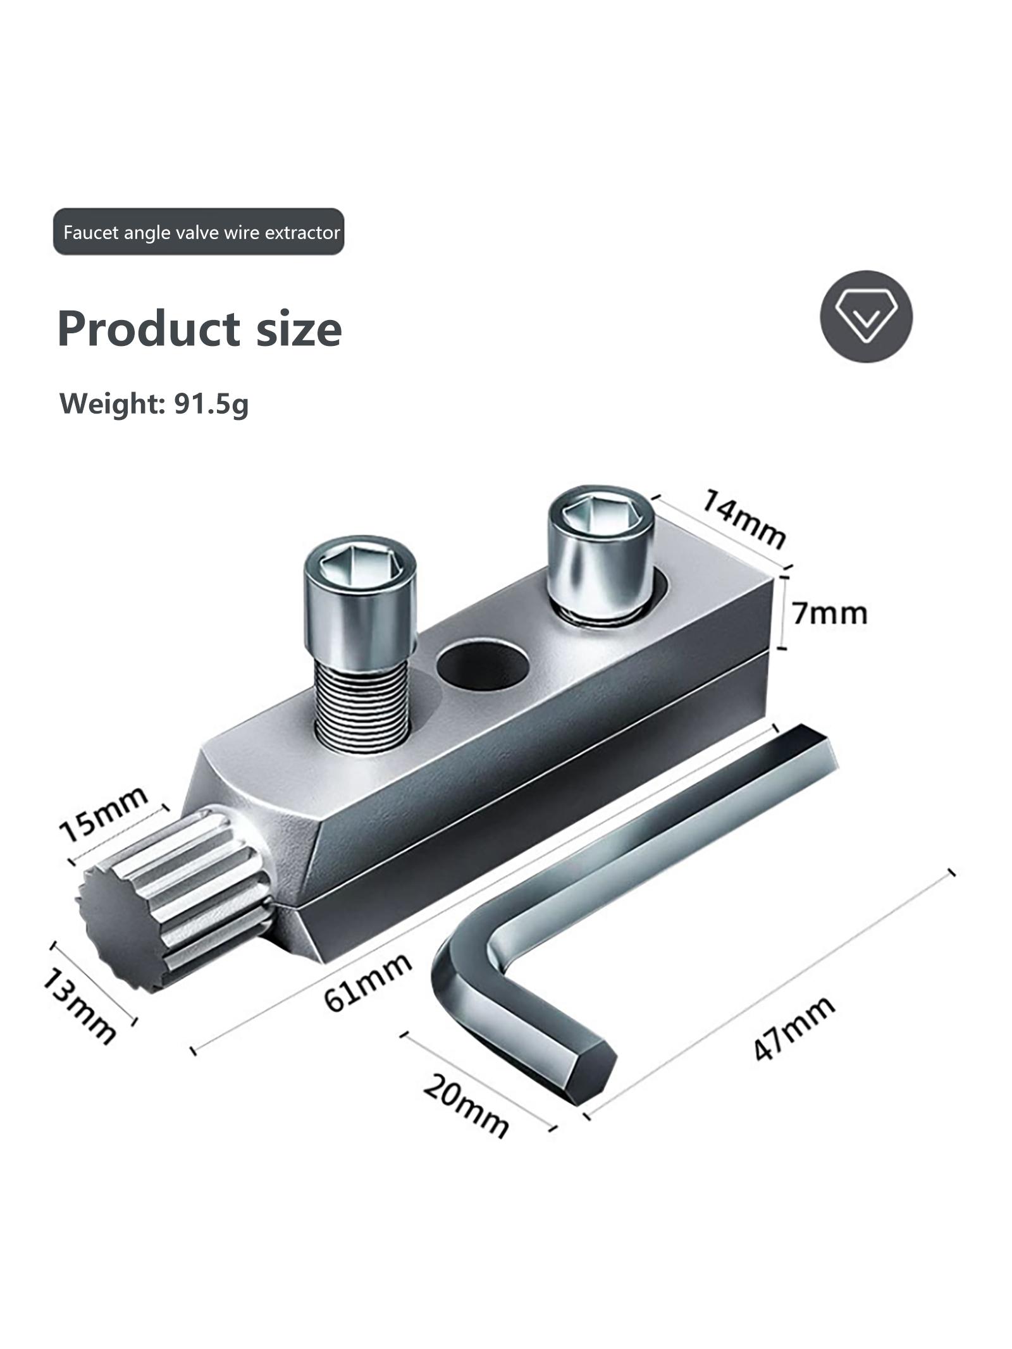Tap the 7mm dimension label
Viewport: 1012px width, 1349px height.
(829, 613)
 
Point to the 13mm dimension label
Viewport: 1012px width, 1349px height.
(79, 1016)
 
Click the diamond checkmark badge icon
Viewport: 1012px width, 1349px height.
(866, 316)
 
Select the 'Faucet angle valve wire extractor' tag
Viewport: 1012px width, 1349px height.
(199, 232)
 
